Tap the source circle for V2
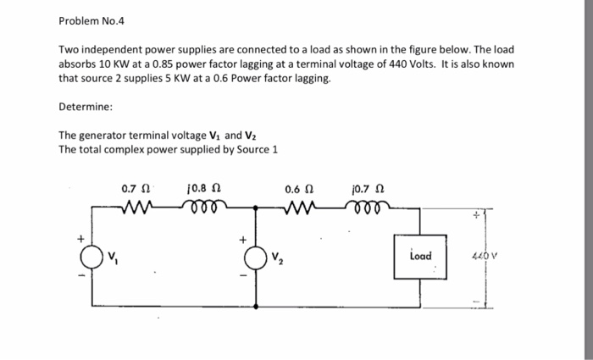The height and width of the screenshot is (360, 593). point(252,255)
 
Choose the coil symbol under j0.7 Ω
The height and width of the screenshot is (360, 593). point(369,205)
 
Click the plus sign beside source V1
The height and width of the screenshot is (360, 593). point(82,238)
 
